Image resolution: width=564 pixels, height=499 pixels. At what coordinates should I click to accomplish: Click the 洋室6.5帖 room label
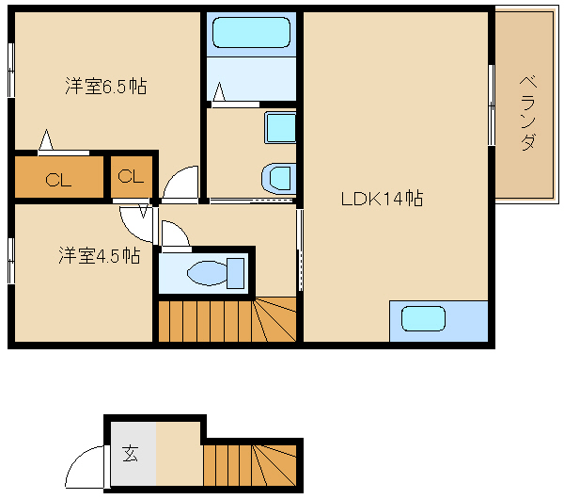point(106,86)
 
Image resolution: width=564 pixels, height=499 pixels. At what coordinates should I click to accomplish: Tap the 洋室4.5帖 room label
point(100,255)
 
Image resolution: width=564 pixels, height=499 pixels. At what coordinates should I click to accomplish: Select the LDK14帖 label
point(382,198)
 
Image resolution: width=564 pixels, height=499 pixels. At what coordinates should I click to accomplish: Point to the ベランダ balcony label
point(527,113)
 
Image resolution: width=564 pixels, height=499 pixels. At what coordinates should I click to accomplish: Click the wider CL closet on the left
point(58,177)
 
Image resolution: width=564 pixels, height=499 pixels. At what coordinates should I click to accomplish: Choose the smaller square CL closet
point(132,177)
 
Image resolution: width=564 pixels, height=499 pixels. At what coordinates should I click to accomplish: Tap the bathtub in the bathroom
point(251,32)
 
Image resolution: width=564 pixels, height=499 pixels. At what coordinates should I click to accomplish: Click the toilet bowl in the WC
point(207,273)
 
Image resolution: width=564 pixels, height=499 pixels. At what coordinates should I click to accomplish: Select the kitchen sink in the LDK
point(423,318)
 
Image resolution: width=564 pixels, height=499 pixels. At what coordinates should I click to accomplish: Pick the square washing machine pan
point(280,127)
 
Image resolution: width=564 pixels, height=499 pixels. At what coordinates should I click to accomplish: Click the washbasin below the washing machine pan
point(279,178)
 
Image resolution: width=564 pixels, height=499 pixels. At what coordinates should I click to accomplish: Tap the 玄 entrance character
point(130,453)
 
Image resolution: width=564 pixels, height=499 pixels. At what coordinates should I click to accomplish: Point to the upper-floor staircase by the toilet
point(227,319)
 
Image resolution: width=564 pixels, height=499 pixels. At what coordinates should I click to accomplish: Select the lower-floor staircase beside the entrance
point(250,465)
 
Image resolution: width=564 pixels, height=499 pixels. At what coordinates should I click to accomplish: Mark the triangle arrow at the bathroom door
point(219,92)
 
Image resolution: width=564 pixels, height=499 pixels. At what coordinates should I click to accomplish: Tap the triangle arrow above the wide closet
point(46,139)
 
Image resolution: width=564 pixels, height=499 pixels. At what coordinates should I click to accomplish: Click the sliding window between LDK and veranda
point(492,105)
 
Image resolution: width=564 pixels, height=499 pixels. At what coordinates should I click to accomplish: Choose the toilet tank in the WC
point(236,273)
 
